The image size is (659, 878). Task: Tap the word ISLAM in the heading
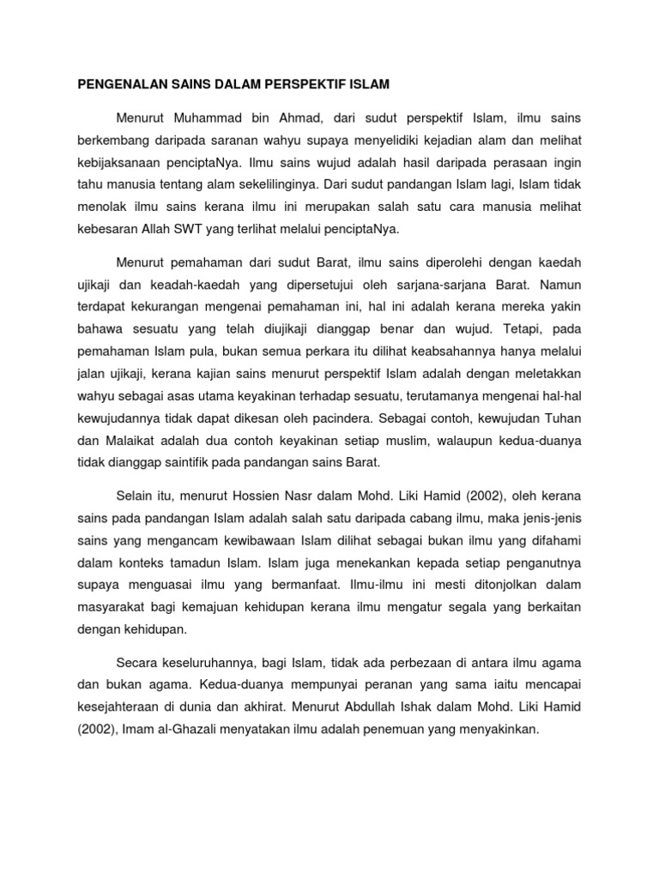click(x=372, y=85)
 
